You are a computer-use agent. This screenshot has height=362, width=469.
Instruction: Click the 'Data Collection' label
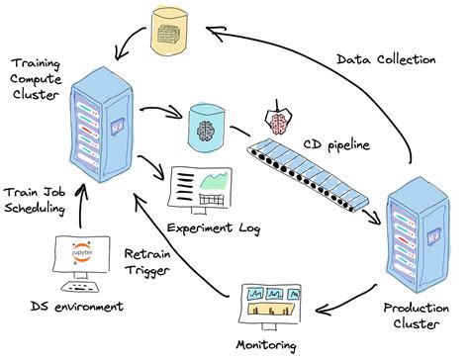coord(385,59)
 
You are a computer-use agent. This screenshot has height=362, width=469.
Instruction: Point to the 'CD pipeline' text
coord(336,145)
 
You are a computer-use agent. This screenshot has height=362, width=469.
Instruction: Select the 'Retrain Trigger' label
coord(152,262)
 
